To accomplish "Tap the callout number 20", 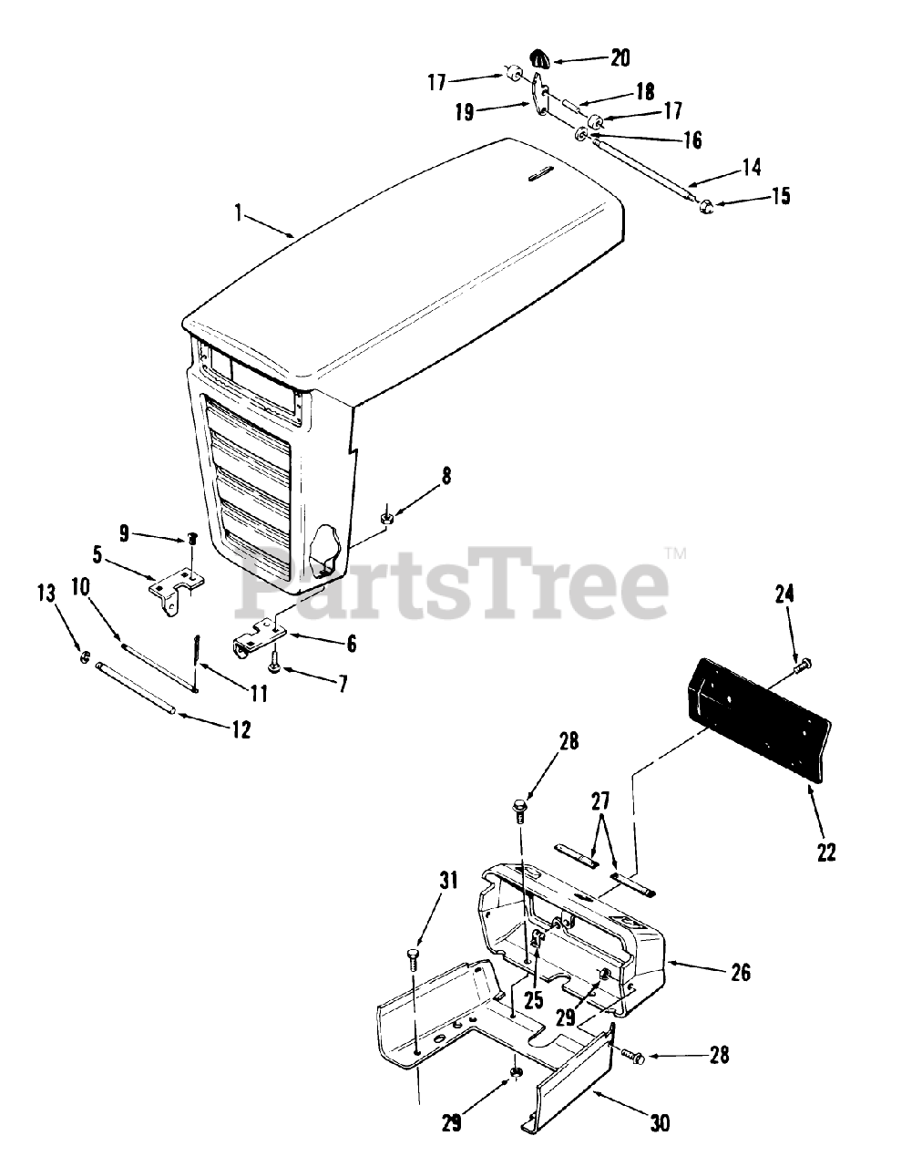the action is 620,57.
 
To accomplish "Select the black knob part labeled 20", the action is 540,60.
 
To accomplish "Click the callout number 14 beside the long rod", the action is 751,167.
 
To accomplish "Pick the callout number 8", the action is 446,476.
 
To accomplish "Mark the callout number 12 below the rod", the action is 241,730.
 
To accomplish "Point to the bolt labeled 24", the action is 801,667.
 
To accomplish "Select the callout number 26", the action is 741,972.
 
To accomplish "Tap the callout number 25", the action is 534,999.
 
